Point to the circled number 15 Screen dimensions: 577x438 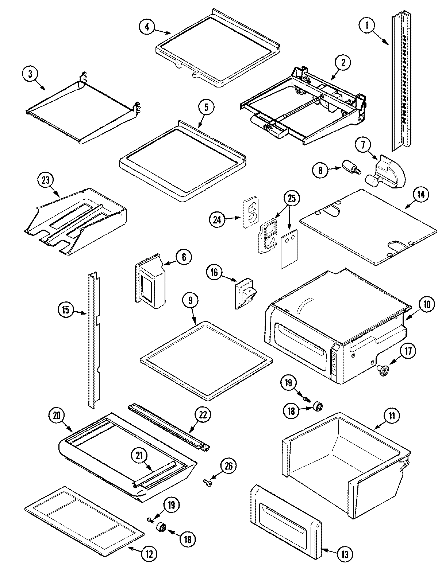point(66,311)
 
